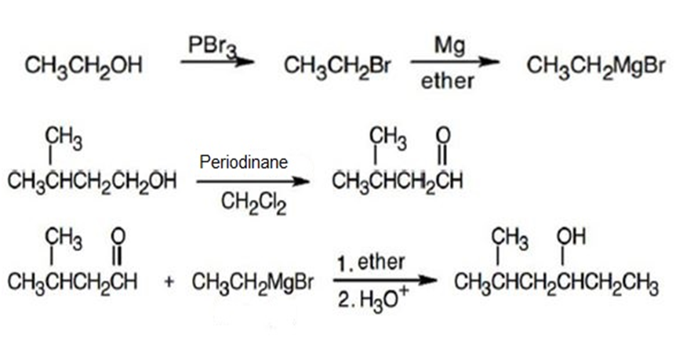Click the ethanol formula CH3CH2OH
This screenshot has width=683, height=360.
(84, 66)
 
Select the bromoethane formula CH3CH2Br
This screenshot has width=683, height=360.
(338, 66)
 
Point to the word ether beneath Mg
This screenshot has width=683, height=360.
(447, 81)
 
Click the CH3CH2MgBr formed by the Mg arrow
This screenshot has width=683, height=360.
(596, 66)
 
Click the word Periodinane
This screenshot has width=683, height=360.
(244, 162)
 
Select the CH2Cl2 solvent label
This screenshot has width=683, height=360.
(253, 203)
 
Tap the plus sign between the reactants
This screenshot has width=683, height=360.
(169, 282)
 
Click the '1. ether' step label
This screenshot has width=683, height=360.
(371, 263)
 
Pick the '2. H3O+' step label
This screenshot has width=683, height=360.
(373, 300)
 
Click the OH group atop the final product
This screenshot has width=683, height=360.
(571, 237)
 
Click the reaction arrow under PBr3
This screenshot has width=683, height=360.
(217, 62)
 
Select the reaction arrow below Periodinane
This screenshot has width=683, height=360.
(252, 181)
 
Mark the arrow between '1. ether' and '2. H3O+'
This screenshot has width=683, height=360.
(385, 281)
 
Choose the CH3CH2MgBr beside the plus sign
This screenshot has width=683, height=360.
(252, 282)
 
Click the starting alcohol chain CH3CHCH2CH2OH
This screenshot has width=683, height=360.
(92, 181)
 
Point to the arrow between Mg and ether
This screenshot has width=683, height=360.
(454, 62)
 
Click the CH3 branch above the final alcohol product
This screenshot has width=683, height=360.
(510, 239)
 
